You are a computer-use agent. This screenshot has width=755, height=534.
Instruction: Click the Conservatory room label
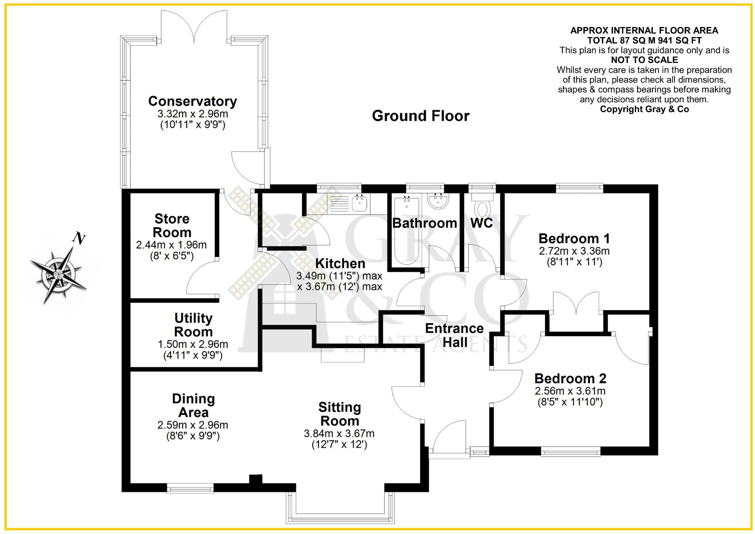[x=192, y=101]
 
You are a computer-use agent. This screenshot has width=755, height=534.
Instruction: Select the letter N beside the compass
[x=79, y=238]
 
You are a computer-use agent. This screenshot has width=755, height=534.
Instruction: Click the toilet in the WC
[x=481, y=208]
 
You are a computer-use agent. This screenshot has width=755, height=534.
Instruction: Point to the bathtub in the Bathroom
[x=407, y=230]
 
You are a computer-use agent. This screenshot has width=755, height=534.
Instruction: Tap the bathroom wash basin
[x=438, y=202]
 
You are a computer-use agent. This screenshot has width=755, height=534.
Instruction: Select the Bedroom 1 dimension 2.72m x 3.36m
[x=574, y=251]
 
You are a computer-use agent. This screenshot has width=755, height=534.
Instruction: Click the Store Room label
[x=172, y=225]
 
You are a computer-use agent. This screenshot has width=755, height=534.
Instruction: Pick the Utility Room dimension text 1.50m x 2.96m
[x=193, y=344]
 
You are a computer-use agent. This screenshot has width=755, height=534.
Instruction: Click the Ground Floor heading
[x=420, y=116]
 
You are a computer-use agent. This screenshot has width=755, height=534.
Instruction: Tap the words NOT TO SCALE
[x=644, y=60]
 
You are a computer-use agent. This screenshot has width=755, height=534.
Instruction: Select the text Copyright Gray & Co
[x=644, y=109]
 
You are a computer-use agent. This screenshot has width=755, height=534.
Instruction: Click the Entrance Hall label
[x=454, y=335]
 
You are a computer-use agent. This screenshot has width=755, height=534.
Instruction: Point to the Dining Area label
[x=193, y=405]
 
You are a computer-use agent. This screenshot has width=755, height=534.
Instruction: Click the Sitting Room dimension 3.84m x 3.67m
[x=339, y=434]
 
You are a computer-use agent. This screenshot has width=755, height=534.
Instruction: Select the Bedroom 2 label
[x=570, y=378]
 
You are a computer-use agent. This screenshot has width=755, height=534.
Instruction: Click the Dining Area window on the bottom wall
[x=190, y=488]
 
